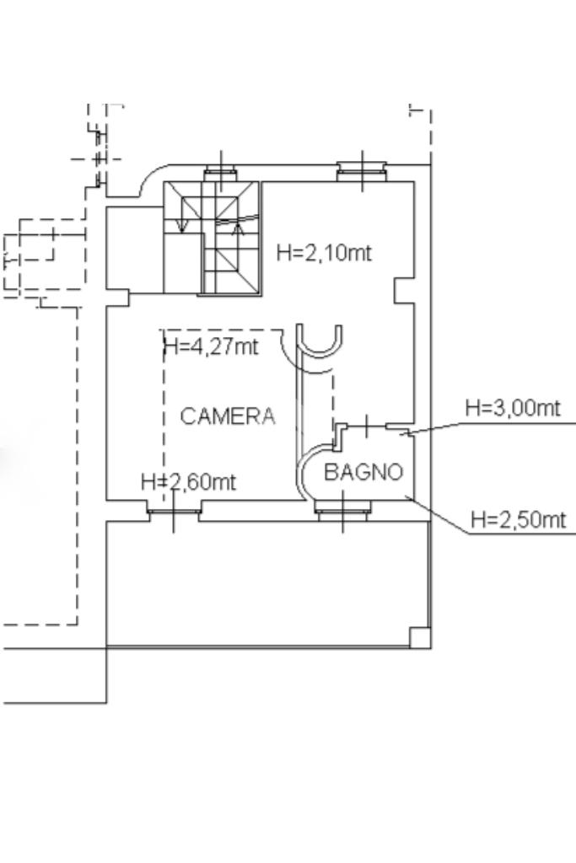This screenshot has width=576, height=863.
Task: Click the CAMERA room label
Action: coord(228,416)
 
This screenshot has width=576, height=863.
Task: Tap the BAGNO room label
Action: coord(363,472)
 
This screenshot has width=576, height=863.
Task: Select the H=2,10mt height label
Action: coord(324,253)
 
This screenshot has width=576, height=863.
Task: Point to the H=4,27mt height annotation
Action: coord(212,346)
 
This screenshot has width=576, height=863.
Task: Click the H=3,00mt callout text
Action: coord(513,408)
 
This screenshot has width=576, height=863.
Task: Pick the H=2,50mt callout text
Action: coord(518,519)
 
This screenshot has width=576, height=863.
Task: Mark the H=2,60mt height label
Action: coord(189,482)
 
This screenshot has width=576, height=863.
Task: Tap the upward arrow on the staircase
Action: coord(238,228)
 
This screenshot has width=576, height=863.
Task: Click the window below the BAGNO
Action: coord(342,511)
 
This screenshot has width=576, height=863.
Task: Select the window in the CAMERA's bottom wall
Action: coord(173,512)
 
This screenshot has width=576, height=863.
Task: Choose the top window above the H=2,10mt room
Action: coord(362,172)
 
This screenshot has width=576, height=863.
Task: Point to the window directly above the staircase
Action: coord(221,174)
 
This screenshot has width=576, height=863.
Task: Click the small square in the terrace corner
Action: coord(420,637)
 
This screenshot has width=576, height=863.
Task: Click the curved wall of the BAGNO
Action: coord(302,472)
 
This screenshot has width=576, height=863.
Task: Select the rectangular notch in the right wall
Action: coord(404,291)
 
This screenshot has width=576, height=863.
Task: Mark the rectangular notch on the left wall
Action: coord(117,298)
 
